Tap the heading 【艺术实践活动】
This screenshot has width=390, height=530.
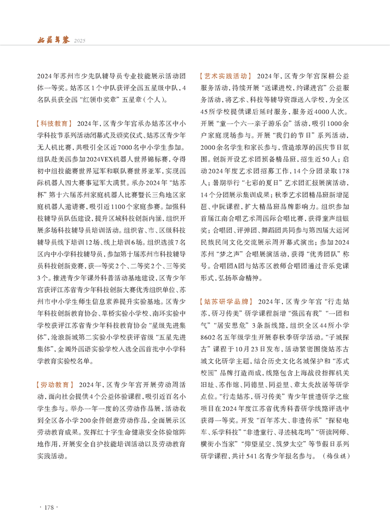226,76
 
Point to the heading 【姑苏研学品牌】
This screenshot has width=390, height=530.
226,300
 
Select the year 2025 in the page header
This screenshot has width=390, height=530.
80,41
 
